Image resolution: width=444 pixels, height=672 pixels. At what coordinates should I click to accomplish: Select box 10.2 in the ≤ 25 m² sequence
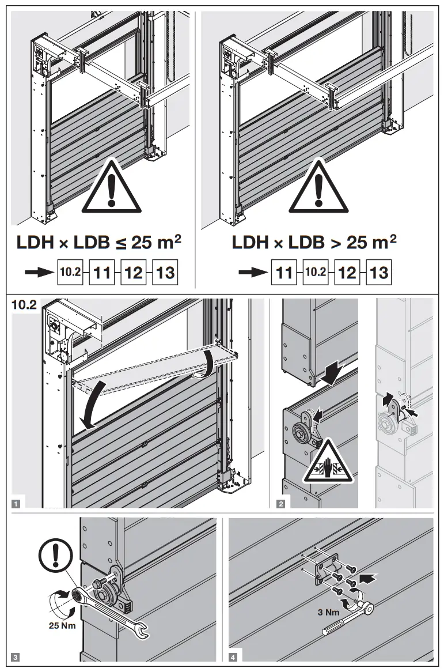click(x=70, y=272)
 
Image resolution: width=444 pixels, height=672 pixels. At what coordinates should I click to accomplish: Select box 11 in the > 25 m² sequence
click(x=284, y=272)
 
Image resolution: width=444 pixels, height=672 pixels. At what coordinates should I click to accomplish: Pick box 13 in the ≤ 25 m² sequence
click(x=165, y=272)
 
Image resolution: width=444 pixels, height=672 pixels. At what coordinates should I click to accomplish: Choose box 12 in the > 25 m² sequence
click(x=347, y=272)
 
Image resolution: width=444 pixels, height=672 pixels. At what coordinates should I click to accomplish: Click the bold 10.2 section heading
click(x=24, y=305)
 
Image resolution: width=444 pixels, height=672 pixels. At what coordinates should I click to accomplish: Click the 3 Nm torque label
click(x=328, y=612)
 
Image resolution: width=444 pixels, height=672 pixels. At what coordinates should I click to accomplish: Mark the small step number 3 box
click(x=16, y=655)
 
